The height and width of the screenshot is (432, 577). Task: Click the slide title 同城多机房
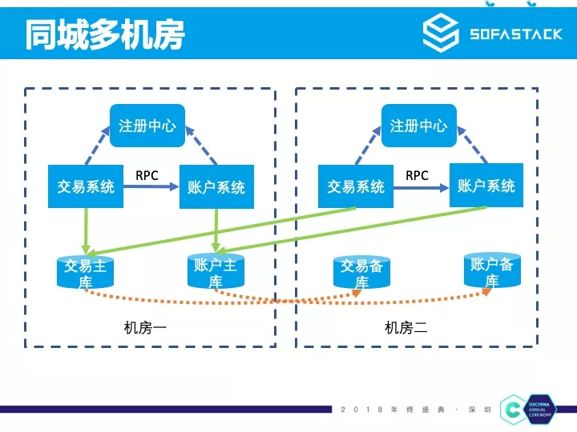[x=105, y=34]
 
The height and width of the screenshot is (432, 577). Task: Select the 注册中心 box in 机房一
[x=147, y=126]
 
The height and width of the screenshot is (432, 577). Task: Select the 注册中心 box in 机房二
[x=418, y=126]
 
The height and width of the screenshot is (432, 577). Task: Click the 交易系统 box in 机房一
[x=86, y=186]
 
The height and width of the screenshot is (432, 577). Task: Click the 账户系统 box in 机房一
[x=216, y=186]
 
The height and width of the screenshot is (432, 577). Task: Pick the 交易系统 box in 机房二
[x=356, y=186]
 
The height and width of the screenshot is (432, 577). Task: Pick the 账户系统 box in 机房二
[x=486, y=186]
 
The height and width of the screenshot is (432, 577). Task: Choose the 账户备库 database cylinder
[x=491, y=271]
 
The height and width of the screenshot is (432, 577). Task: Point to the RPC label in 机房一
[x=147, y=175]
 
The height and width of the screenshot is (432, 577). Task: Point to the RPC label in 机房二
[x=417, y=175]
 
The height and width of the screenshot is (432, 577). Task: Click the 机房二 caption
[x=406, y=327]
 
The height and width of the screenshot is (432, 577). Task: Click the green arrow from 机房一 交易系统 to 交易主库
[x=87, y=228]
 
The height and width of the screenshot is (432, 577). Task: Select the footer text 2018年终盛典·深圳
[x=417, y=410]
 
